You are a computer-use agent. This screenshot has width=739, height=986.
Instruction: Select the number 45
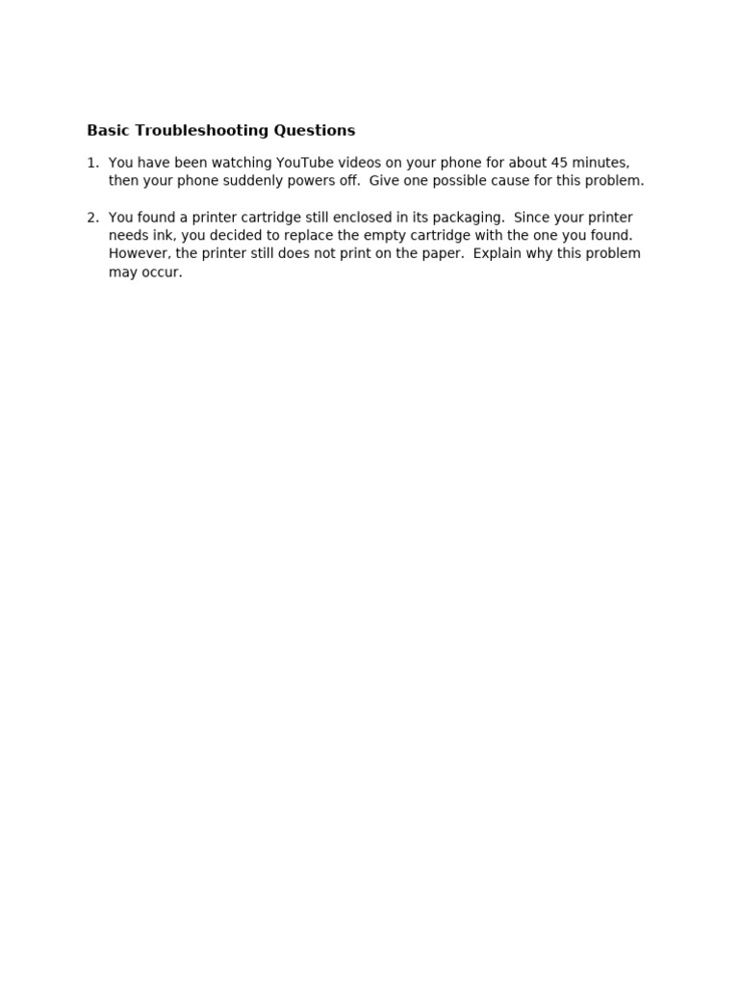[560, 163]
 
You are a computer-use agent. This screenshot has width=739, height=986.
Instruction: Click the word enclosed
[364, 218]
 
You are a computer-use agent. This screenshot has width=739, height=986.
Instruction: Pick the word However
[139, 254]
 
